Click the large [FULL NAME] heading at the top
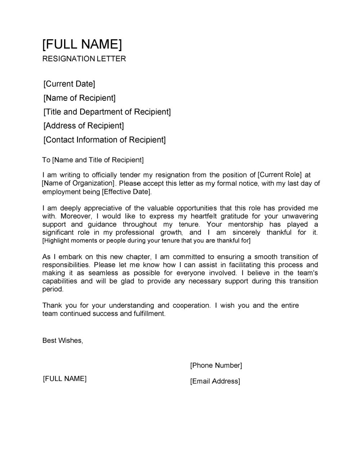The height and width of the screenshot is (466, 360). (x=82, y=44)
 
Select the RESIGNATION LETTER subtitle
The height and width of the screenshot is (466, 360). (x=84, y=59)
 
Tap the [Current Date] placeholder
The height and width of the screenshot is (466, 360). (x=69, y=84)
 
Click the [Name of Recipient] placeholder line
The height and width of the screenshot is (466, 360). (x=79, y=98)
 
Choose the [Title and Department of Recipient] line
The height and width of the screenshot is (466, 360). (x=107, y=112)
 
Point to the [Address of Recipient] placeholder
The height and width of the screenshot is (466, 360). (x=84, y=126)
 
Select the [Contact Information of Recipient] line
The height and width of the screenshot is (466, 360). (x=104, y=140)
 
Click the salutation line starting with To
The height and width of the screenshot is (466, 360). (x=93, y=160)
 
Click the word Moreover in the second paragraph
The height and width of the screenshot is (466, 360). (x=76, y=216)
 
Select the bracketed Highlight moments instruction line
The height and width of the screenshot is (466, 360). (x=146, y=241)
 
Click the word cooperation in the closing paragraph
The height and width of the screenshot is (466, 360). (x=191, y=305)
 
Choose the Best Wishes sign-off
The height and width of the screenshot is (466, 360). (x=63, y=340)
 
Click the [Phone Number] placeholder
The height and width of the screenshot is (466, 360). (x=216, y=366)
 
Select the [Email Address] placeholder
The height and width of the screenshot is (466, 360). (x=215, y=381)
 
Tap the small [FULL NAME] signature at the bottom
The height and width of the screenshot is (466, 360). (x=65, y=379)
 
